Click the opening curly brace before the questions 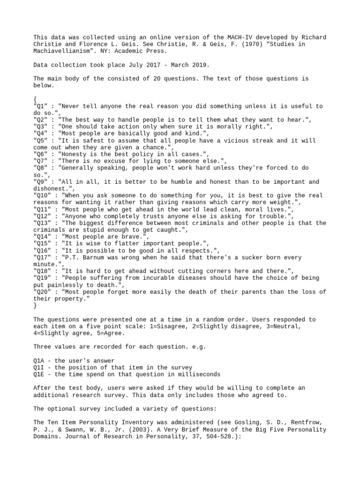[x=35, y=99]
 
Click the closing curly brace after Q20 [x=35, y=306]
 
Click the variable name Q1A [x=39, y=360]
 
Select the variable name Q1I [x=39, y=367]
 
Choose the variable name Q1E [x=39, y=375]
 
